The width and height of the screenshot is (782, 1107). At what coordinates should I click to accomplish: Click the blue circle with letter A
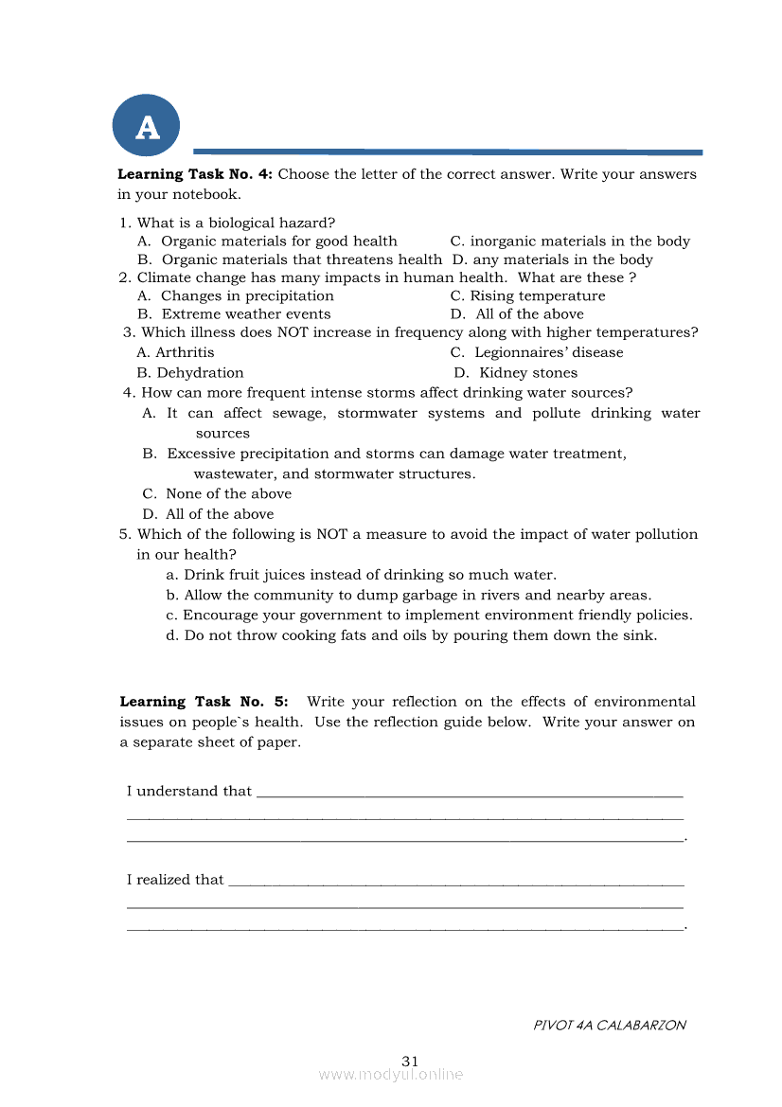coord(146,126)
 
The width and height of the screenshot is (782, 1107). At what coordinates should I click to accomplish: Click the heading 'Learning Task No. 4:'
coord(194,174)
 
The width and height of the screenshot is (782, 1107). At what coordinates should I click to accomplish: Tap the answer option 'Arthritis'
coord(185,352)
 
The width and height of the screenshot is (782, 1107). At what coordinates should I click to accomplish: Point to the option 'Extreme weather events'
coord(245,314)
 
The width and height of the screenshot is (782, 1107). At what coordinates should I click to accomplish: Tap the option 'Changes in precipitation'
coord(247,296)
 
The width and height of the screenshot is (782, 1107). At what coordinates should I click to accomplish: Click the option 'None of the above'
coord(228,494)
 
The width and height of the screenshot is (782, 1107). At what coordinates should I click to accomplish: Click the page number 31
coord(410,1061)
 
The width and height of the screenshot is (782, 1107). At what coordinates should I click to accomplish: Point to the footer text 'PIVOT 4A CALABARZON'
coord(610,1025)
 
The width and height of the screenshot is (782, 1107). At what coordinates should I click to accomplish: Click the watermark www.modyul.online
coord(391,1075)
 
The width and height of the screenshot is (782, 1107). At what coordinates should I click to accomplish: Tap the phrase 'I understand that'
coord(189,792)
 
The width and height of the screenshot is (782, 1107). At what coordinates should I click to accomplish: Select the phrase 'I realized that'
coord(175,880)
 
